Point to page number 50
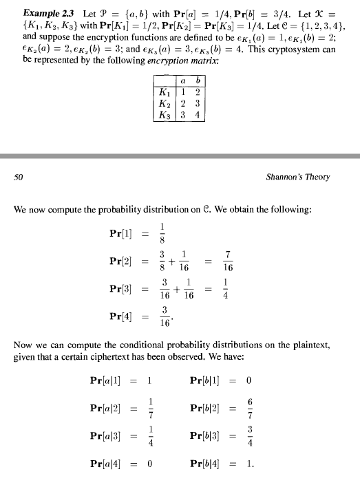[19, 177]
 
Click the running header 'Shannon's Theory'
[297, 177]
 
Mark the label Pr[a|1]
[106, 380]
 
